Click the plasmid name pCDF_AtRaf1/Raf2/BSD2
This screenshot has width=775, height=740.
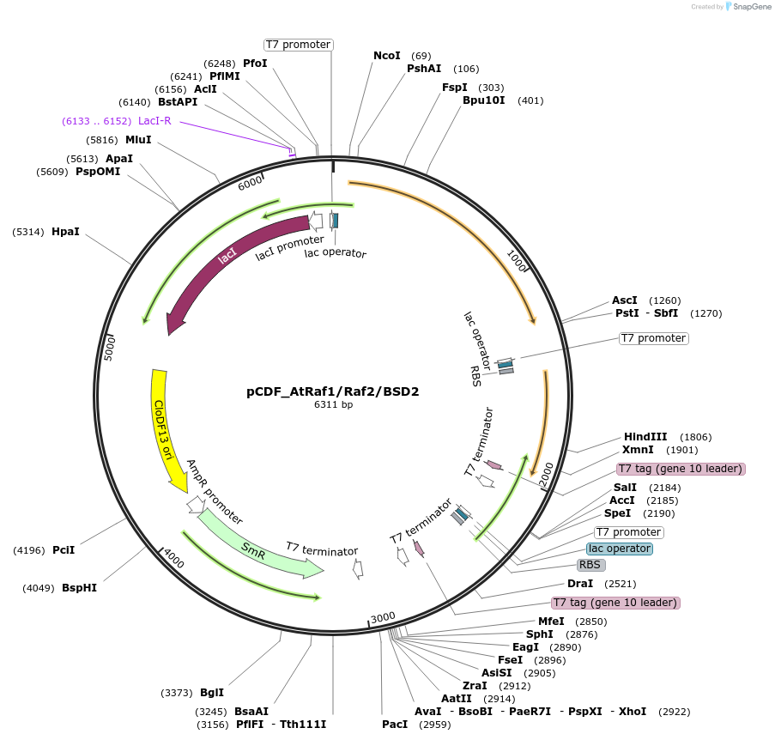pos(333,391)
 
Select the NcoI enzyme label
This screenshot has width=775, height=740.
pos(386,56)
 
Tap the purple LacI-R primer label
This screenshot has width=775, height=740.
pos(154,121)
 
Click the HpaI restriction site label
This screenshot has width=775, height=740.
pos(65,232)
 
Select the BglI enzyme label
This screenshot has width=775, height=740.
pos(211,693)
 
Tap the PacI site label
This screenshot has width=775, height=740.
pos(395,725)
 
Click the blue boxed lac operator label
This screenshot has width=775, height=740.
pos(619,549)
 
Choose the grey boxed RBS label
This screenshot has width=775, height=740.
pos(590,565)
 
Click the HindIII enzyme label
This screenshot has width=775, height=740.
pos(645,437)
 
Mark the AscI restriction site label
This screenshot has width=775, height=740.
pos(624,300)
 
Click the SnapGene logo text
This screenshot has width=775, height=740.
pos(751,7)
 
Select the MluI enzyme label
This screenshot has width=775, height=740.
pos(138,140)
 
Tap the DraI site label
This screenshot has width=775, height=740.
pos(580,584)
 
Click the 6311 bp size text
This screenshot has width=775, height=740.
pos(333,404)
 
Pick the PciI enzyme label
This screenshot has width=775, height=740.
pos(64,549)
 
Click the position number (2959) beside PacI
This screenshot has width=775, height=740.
pos(433,725)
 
